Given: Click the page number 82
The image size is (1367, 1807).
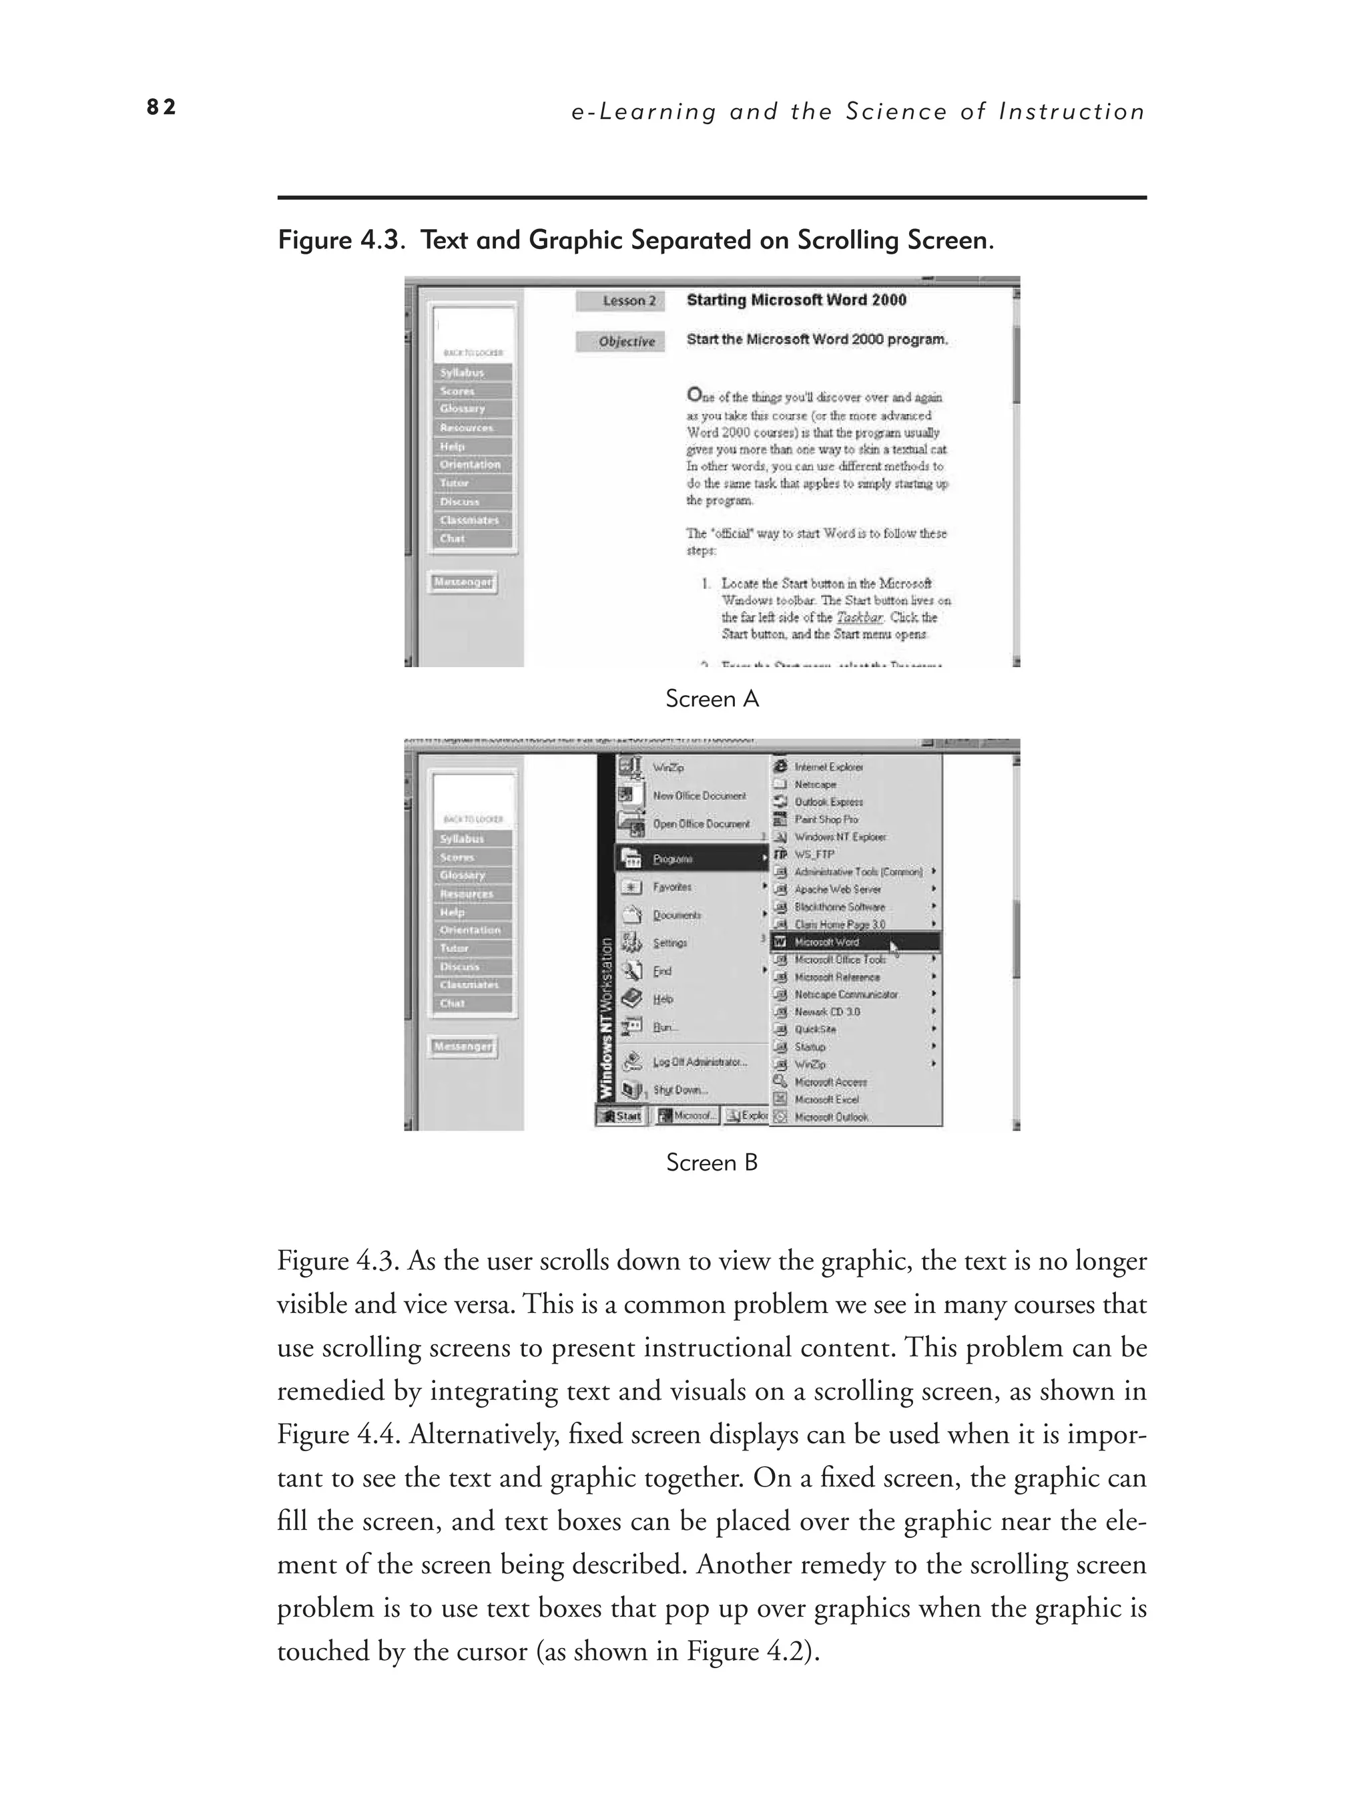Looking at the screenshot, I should pos(161,107).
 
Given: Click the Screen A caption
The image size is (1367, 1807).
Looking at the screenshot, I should pos(712,699).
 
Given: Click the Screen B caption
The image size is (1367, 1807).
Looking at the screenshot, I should pos(712,1163).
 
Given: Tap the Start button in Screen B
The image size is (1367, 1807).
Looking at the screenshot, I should pos(621,1116).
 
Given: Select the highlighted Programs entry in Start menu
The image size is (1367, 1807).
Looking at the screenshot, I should pos(690,859).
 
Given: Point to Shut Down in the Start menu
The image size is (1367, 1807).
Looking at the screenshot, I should pos(679,1090).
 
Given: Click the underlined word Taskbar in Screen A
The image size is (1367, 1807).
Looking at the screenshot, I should pos(859,618).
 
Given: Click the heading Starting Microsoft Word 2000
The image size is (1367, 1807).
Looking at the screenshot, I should pos(796,300).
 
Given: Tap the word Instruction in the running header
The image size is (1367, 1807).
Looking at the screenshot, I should pos(1071,112).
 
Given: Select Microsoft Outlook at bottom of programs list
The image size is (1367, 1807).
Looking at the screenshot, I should pos(831,1117).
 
